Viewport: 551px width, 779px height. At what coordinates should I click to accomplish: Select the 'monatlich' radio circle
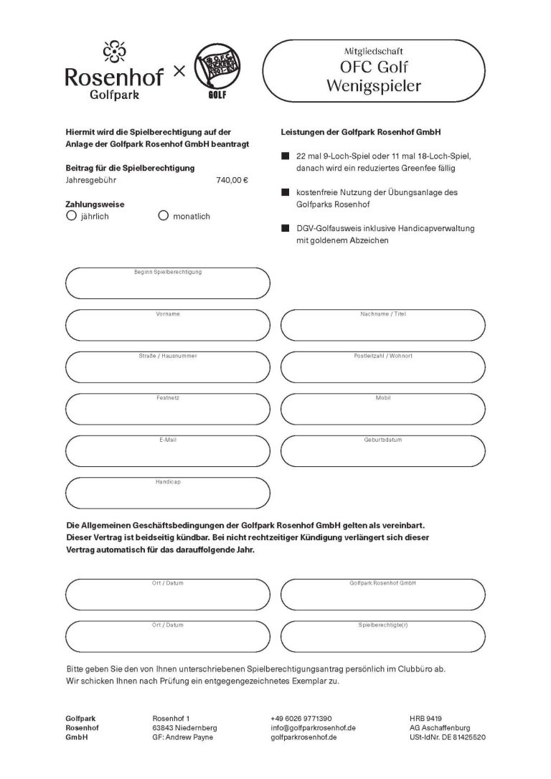click(x=163, y=215)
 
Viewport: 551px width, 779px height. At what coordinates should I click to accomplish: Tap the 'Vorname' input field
click(x=167, y=327)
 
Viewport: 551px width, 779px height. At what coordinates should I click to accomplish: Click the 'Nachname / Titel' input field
click(x=382, y=327)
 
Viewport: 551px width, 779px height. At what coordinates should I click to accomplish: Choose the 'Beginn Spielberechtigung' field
click(x=167, y=284)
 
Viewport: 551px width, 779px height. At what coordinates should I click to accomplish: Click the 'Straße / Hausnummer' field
click(x=167, y=369)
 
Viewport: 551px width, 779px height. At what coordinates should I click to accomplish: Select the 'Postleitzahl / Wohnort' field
click(x=382, y=369)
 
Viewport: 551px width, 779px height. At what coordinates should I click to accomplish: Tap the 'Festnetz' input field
click(x=167, y=410)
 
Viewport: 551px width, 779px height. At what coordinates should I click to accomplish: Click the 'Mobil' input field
click(x=382, y=410)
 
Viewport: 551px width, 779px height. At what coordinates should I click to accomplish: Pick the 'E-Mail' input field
click(x=167, y=452)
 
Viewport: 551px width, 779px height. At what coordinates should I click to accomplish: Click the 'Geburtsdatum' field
click(x=382, y=452)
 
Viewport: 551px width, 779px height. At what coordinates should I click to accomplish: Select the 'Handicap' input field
click(x=167, y=494)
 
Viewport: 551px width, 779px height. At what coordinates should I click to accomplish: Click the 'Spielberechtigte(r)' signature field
click(x=382, y=637)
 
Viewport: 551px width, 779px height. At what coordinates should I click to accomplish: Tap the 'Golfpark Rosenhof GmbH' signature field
click(x=382, y=595)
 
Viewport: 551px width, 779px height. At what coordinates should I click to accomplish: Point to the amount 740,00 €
click(x=232, y=181)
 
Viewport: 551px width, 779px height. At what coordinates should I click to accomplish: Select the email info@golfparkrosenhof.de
click(x=314, y=727)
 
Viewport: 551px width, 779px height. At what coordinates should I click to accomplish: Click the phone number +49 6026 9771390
click(x=301, y=718)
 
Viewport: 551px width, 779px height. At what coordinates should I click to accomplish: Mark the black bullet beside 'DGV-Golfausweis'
click(x=285, y=227)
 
